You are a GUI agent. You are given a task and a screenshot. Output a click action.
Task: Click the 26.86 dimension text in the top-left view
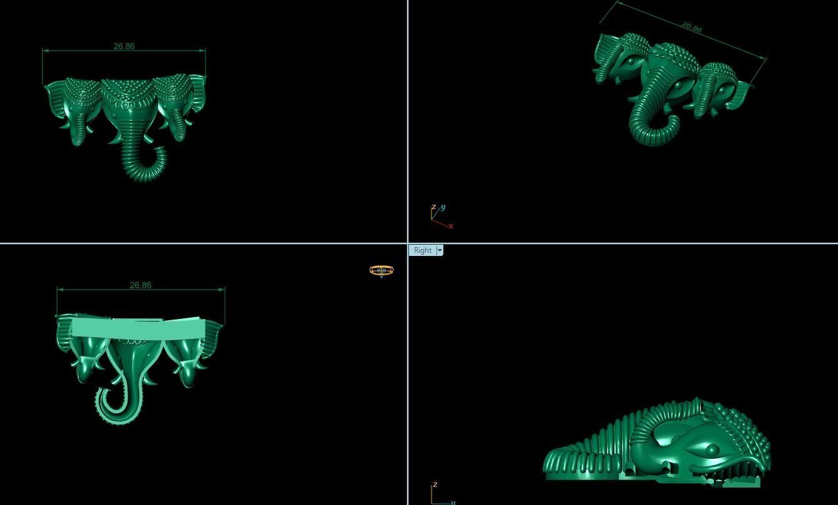[x=124, y=46]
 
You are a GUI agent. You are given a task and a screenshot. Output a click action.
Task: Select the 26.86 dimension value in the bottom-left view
[x=140, y=285]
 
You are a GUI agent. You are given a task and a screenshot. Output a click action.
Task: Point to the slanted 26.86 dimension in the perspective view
[x=692, y=27]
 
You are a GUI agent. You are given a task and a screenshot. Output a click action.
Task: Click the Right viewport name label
[x=423, y=250]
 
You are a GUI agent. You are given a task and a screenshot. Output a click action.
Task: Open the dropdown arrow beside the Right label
[x=440, y=250]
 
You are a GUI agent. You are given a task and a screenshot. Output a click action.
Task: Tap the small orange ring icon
[x=382, y=270]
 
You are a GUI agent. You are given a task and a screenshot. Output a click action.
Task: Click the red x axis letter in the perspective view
[x=450, y=226]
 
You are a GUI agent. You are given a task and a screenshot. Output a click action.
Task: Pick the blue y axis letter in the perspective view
[x=443, y=207]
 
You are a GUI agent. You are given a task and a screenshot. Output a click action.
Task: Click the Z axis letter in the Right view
[x=435, y=484]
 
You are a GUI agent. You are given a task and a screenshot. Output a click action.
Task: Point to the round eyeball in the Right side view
[x=712, y=449]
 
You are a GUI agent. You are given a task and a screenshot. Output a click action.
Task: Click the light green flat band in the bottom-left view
[x=137, y=328]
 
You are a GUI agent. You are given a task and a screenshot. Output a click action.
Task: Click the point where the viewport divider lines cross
[x=408, y=243]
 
